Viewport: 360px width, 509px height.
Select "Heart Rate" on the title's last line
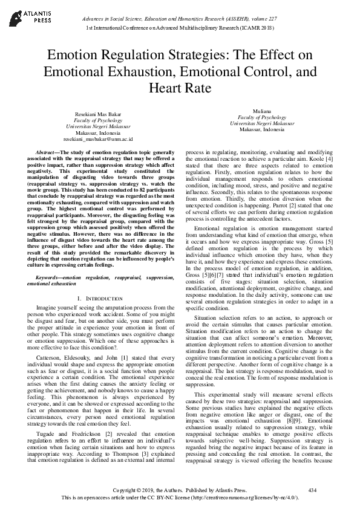tap(180, 88)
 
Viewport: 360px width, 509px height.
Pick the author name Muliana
tap(261, 111)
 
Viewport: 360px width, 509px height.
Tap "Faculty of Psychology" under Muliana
tap(261, 117)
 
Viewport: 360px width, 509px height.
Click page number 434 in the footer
tap(312, 488)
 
